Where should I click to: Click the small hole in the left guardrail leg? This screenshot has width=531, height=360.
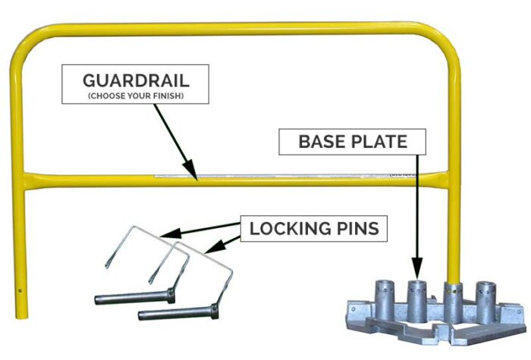(x=20, y=289)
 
